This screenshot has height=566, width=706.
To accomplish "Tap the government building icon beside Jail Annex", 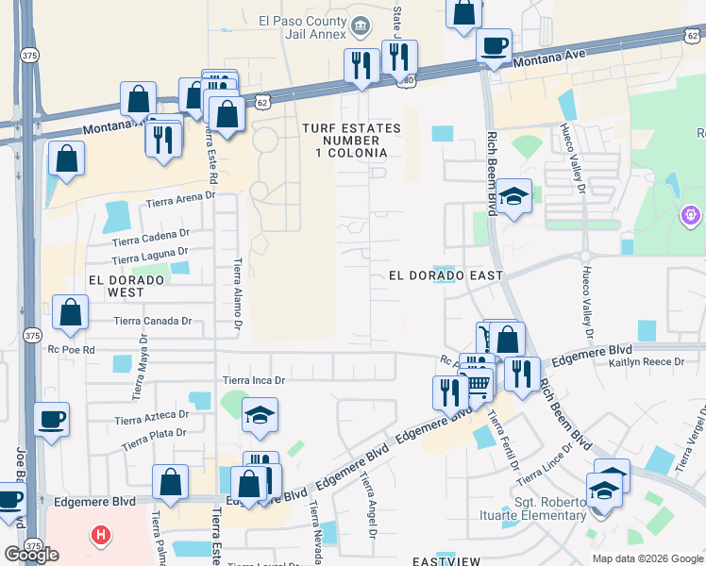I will [359, 25].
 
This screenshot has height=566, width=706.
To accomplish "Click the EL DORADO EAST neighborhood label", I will [445, 275].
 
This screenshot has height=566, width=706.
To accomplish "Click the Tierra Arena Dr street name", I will [180, 200].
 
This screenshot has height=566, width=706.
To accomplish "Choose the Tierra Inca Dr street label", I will [253, 380].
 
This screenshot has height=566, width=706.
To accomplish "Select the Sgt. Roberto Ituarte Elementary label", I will [549, 508].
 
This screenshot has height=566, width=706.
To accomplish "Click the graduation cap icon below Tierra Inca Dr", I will [260, 415].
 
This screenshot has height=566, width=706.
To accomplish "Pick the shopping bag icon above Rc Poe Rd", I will [71, 312].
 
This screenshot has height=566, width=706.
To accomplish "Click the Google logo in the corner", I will [31, 555].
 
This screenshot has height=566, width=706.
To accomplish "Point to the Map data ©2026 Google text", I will [647, 558].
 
